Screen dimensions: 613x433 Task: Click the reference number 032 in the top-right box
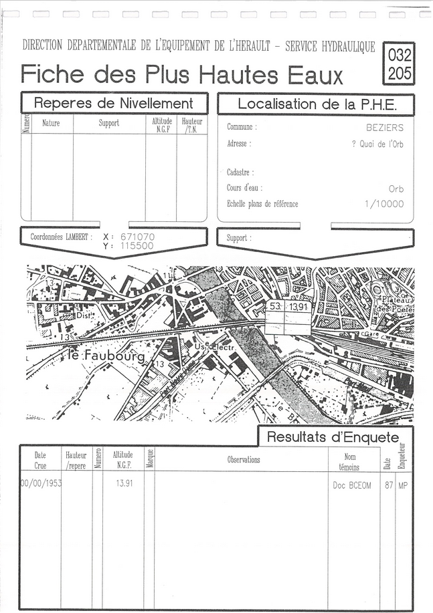[400, 55]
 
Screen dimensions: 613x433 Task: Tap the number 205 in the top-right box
[400, 74]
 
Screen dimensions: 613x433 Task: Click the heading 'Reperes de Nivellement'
[113, 104]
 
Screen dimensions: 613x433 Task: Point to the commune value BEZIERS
[385, 126]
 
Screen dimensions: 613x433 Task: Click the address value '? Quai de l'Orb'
[377, 144]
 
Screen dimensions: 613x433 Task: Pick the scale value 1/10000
[384, 204]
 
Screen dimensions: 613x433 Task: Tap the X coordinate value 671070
[137, 237]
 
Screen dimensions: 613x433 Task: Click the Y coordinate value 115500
[137, 246]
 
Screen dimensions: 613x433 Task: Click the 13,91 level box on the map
[299, 307]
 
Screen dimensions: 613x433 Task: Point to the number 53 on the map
[274, 306]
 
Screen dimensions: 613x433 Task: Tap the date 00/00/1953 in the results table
[40, 483]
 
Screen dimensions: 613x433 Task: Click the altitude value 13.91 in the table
[124, 483]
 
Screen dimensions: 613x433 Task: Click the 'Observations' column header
[244, 460]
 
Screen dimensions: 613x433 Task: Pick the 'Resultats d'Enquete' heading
[333, 437]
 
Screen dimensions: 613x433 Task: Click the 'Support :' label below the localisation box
[239, 238]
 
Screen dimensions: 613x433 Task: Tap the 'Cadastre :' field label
[240, 172]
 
